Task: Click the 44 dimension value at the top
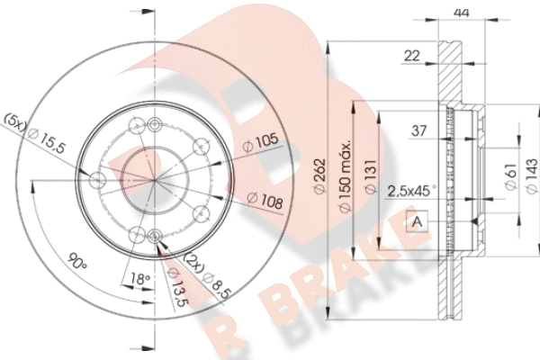pyautogui.click(x=462, y=13)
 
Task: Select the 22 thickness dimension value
pyautogui.click(x=412, y=56)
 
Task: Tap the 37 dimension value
pyautogui.click(x=419, y=130)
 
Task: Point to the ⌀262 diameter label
pyautogui.click(x=320, y=176)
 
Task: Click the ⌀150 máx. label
pyautogui.click(x=345, y=175)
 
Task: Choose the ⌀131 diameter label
pyautogui.click(x=371, y=177)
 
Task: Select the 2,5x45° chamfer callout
pyautogui.click(x=412, y=191)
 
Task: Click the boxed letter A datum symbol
pyautogui.click(x=417, y=220)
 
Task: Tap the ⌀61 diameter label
pyautogui.click(x=511, y=176)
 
